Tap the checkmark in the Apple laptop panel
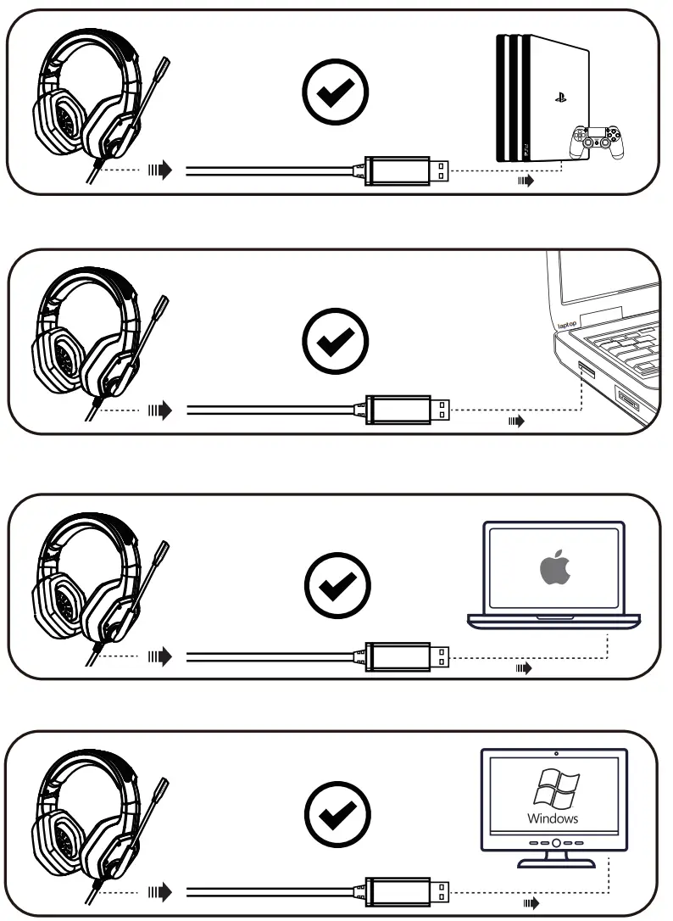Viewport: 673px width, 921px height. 336,583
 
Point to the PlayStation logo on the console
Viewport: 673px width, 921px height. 560,98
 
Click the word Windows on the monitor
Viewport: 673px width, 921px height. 553,818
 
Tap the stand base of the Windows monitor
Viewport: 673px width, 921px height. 555,863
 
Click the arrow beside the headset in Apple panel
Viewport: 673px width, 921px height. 159,656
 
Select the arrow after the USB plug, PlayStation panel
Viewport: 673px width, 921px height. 526,181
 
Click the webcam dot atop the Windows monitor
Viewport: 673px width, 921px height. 555,753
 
